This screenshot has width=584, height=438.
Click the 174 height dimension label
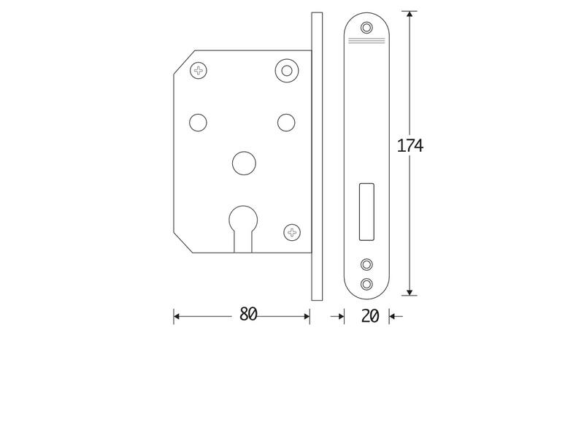point(410,145)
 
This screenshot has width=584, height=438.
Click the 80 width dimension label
point(248,314)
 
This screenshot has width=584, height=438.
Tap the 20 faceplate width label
point(370,316)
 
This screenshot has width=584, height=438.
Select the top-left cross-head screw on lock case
point(199,70)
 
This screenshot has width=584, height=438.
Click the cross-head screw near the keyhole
point(292,232)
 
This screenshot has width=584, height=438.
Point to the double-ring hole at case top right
point(287,70)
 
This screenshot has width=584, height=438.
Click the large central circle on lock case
point(244,163)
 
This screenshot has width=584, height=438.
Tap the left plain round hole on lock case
point(198,123)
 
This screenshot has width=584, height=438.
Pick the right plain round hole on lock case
point(286,123)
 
